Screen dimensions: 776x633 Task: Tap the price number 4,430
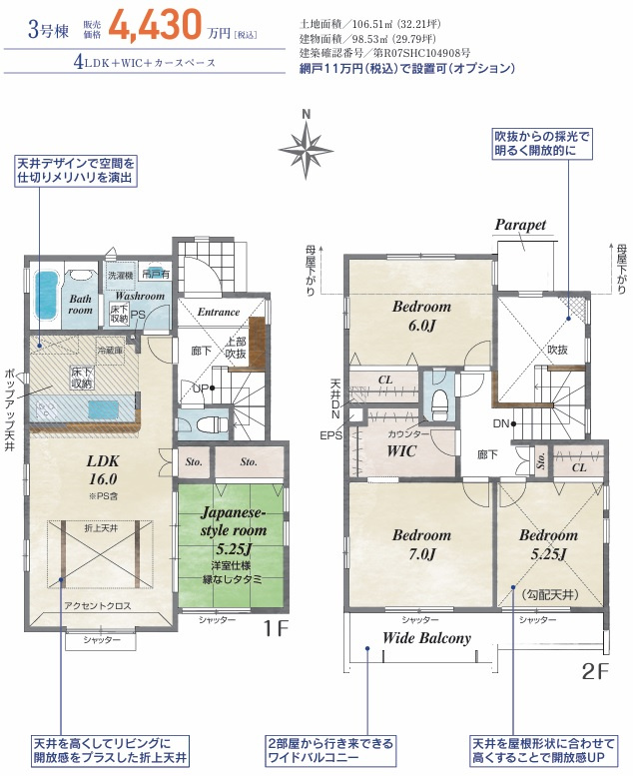point(158,27)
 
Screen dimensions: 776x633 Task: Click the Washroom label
point(139,296)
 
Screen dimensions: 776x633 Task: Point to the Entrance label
point(218,313)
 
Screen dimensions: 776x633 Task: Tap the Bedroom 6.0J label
point(420,315)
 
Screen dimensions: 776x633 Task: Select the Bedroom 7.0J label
point(420,544)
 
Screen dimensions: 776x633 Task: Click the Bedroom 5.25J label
point(548,544)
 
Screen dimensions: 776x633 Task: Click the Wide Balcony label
point(427,639)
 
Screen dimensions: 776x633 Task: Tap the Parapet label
point(520,226)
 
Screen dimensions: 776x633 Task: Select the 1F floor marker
point(277,629)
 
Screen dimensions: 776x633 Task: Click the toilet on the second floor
point(438,401)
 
